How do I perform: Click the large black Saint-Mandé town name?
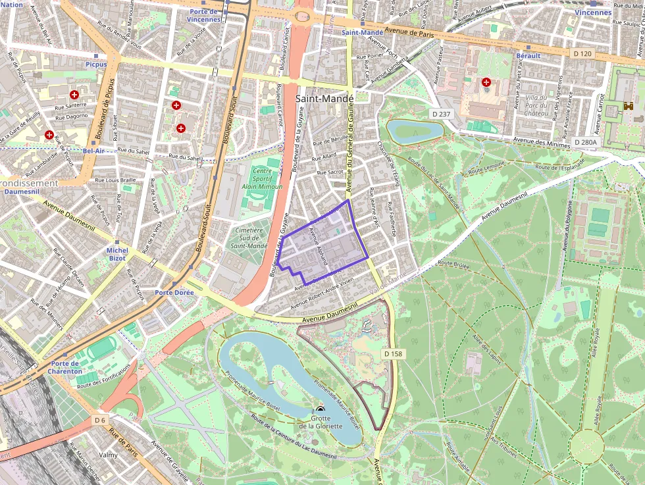click(325, 98)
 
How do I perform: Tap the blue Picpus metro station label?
click(96, 64)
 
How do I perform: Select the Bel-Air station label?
click(94, 151)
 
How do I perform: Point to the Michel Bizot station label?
click(117, 255)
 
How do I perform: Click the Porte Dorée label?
click(172, 292)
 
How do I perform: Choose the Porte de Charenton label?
click(65, 367)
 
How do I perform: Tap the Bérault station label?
click(528, 56)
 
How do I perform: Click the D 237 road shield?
click(442, 114)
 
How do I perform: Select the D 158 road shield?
click(392, 354)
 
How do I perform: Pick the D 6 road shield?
click(99, 420)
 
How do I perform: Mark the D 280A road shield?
click(584, 142)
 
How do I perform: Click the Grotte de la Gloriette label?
click(321, 422)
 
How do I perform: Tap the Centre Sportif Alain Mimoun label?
click(262, 178)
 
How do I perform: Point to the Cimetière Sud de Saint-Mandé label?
click(249, 238)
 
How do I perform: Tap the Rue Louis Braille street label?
click(115, 180)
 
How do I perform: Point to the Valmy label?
click(108, 455)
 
